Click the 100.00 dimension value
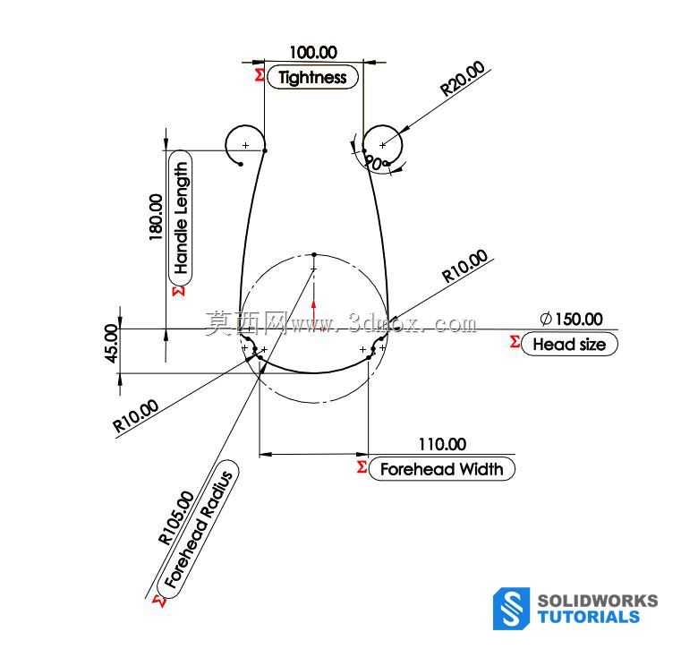313,53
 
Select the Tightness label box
312,77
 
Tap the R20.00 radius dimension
463,78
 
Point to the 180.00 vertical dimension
156,217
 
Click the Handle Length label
180,218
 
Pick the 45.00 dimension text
112,343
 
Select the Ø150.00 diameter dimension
571,320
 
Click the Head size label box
569,344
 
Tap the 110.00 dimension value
443,444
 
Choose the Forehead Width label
442,469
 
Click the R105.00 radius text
176,517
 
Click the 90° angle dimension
374,163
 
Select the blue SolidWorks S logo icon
511,608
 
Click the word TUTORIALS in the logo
588,617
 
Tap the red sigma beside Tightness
260,74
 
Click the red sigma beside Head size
515,341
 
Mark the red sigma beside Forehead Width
362,467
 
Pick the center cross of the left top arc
246,145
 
